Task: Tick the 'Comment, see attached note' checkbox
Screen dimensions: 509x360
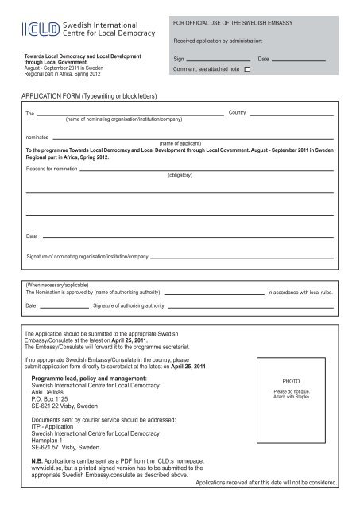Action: (247, 70)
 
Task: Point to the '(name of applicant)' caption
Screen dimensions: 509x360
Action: (177, 143)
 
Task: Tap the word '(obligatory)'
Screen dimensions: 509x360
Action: (183, 173)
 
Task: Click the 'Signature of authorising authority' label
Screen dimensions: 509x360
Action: (129, 305)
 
